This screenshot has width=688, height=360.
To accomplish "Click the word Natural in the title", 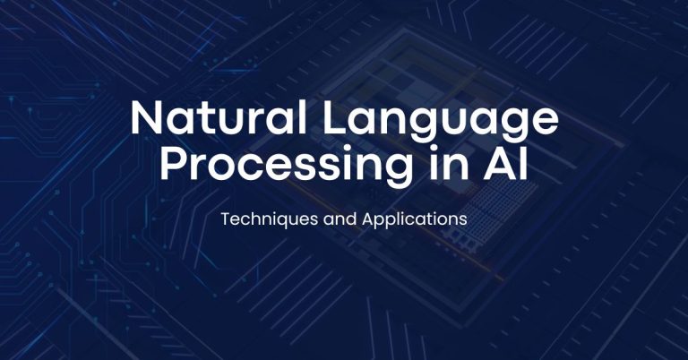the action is click(x=218, y=117).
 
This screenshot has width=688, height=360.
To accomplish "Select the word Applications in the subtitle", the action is click(x=415, y=219).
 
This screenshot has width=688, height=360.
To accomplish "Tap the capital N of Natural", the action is click(x=147, y=117).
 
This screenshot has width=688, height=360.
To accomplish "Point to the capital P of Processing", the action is click(x=173, y=163).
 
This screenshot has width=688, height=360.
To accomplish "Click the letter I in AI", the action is click(x=524, y=163).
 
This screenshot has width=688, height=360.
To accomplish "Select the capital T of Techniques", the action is click(x=226, y=219).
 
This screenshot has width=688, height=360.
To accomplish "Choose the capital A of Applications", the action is click(x=368, y=219).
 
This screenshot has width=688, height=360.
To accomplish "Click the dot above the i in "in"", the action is click(x=434, y=149).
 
